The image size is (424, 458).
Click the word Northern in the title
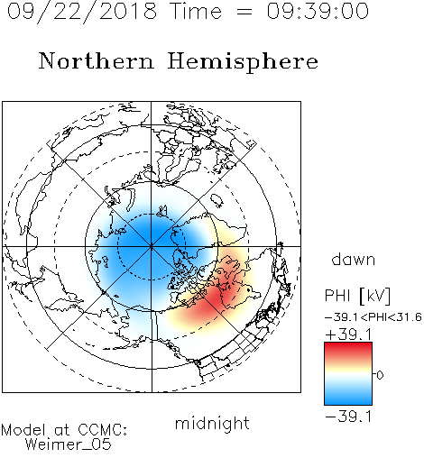(x=96, y=60)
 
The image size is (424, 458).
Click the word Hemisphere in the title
(x=243, y=62)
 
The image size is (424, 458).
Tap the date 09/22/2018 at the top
(x=82, y=12)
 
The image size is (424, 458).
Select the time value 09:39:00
(x=318, y=11)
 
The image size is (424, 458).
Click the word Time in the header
(x=196, y=11)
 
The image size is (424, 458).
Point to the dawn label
(x=354, y=259)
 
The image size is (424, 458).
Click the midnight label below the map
(x=212, y=423)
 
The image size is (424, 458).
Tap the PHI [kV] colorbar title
(x=357, y=296)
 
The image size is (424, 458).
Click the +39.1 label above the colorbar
(x=348, y=334)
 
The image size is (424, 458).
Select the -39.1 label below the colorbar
(x=348, y=417)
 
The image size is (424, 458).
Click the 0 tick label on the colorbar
(x=380, y=375)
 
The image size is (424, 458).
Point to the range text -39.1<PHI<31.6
(x=373, y=317)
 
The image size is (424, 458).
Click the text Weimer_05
(x=69, y=444)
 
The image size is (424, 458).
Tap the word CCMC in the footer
(x=102, y=430)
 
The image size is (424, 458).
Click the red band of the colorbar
(x=348, y=350)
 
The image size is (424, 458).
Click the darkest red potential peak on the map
(x=213, y=298)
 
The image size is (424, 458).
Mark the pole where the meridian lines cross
(x=152, y=246)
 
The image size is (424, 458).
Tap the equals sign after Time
(x=244, y=12)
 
